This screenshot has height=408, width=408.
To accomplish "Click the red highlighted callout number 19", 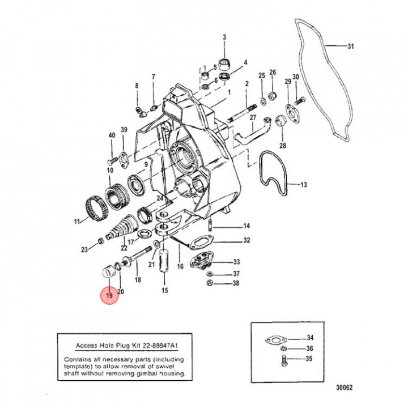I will tap(108, 295).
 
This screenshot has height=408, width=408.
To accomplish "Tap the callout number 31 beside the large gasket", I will tap(350, 46).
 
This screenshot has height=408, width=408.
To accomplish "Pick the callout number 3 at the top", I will tap(224, 37).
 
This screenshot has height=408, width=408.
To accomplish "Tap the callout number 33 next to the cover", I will tap(236, 262).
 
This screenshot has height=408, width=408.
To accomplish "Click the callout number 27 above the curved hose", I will tap(253, 117).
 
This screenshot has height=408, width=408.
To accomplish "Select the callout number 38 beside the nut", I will tap(236, 283).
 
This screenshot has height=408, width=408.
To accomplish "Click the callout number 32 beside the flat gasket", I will tap(246, 241).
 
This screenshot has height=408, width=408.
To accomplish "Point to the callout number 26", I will tap(273, 73).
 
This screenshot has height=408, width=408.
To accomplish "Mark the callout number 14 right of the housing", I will tap(246, 226).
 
